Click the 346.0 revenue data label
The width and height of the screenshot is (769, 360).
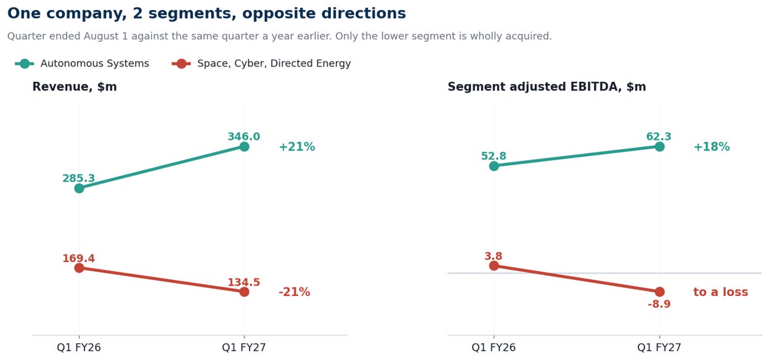(244, 136)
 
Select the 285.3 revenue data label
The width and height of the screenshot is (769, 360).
(79, 178)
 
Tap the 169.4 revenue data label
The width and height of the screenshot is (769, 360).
(79, 258)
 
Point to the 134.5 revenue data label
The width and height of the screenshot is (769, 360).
(244, 282)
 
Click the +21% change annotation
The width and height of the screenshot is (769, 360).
(297, 147)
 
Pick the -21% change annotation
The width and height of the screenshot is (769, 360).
(295, 292)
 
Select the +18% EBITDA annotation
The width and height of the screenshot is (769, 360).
(712, 147)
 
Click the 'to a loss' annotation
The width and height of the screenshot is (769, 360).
(720, 292)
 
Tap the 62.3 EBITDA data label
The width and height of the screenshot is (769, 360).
(659, 136)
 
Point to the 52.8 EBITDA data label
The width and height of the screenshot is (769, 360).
(494, 156)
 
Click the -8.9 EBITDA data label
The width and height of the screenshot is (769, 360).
(659, 304)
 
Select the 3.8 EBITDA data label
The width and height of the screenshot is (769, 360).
(494, 256)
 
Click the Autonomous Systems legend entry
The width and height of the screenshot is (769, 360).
(82, 63)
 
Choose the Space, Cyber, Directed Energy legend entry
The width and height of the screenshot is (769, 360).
(261, 63)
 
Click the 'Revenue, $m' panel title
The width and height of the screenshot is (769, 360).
(75, 86)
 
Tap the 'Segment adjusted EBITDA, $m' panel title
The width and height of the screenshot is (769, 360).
(547, 86)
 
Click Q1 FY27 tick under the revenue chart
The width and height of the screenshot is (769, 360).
(244, 347)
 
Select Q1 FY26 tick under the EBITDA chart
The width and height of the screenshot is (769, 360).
(494, 347)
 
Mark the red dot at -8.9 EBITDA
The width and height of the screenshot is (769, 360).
(659, 292)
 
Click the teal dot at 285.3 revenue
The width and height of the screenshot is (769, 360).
(79, 188)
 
